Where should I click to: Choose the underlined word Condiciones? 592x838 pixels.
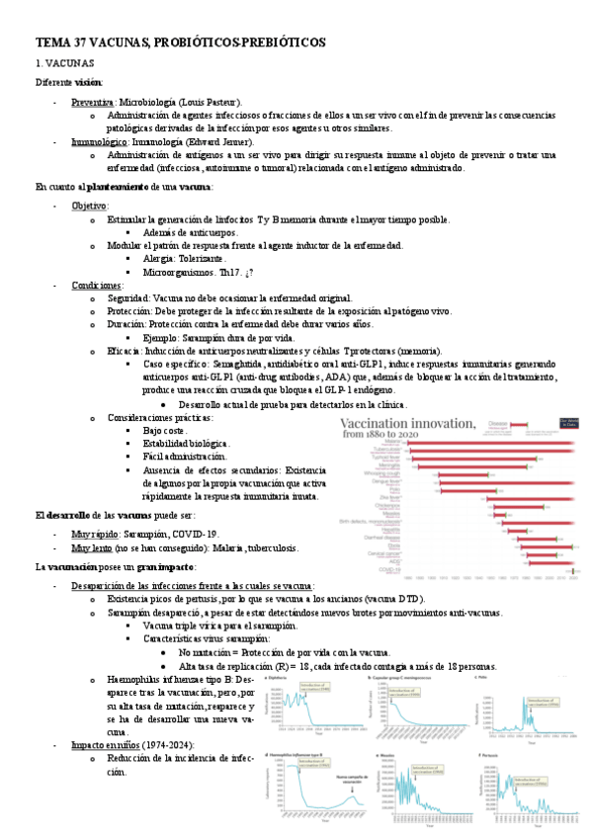point(97,285)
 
